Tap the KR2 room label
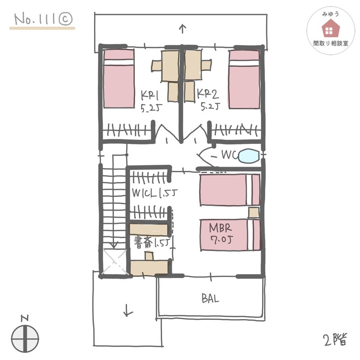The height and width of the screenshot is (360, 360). click(208, 94)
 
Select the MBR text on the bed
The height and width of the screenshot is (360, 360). click(220, 228)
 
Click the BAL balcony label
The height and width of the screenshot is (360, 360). click(210, 298)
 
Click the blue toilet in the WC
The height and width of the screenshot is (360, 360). click(249, 156)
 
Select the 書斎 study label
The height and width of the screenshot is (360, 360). click(143, 242)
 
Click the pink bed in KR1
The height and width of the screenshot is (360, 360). click(119, 79)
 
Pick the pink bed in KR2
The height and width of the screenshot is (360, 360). click(244, 79)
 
